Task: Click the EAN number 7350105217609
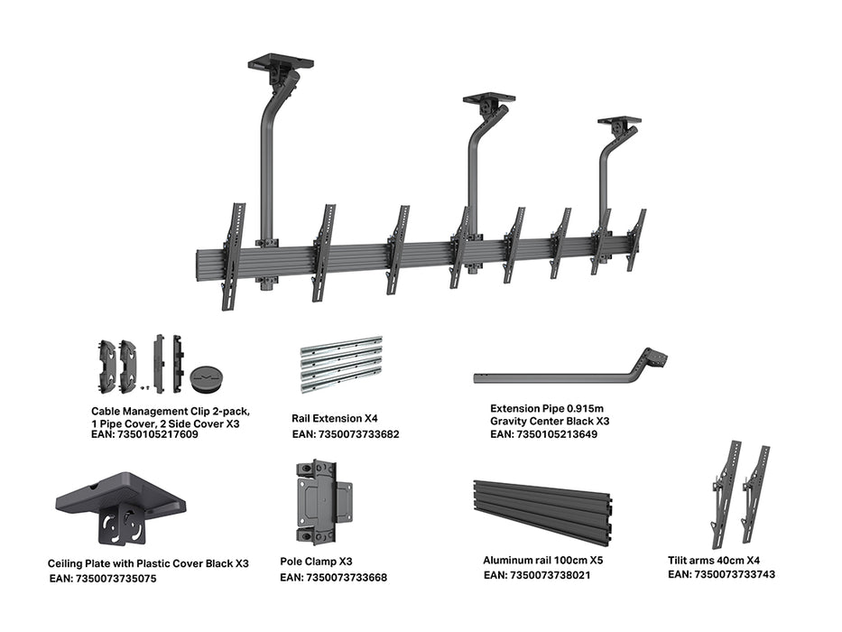[144, 434]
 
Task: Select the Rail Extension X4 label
[334, 419]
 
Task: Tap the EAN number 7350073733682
[345, 434]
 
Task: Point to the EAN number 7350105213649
[543, 434]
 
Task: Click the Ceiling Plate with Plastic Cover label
[148, 563]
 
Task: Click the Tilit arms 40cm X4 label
[708, 560]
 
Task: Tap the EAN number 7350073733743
[721, 574]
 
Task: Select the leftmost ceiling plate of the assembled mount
[281, 63]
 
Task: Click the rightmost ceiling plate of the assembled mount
[619, 121]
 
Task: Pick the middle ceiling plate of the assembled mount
[488, 98]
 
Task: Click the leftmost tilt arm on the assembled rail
[232, 255]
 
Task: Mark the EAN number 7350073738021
[537, 575]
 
